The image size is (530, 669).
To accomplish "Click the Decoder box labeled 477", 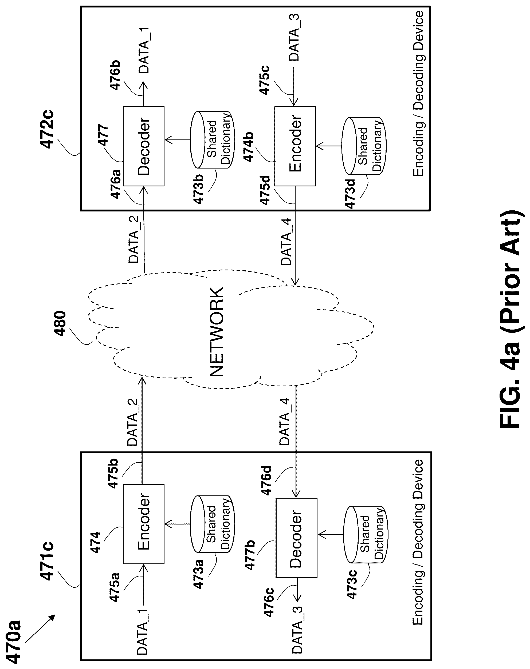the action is (x=143, y=146).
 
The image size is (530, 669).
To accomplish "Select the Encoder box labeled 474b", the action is (x=295, y=146).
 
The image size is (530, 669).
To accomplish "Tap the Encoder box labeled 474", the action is (x=143, y=524).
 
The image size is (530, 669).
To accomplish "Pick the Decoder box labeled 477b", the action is (x=296, y=538).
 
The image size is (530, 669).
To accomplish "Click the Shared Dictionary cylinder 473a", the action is (x=212, y=524).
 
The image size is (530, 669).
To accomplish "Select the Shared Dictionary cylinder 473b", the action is (x=212, y=140).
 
